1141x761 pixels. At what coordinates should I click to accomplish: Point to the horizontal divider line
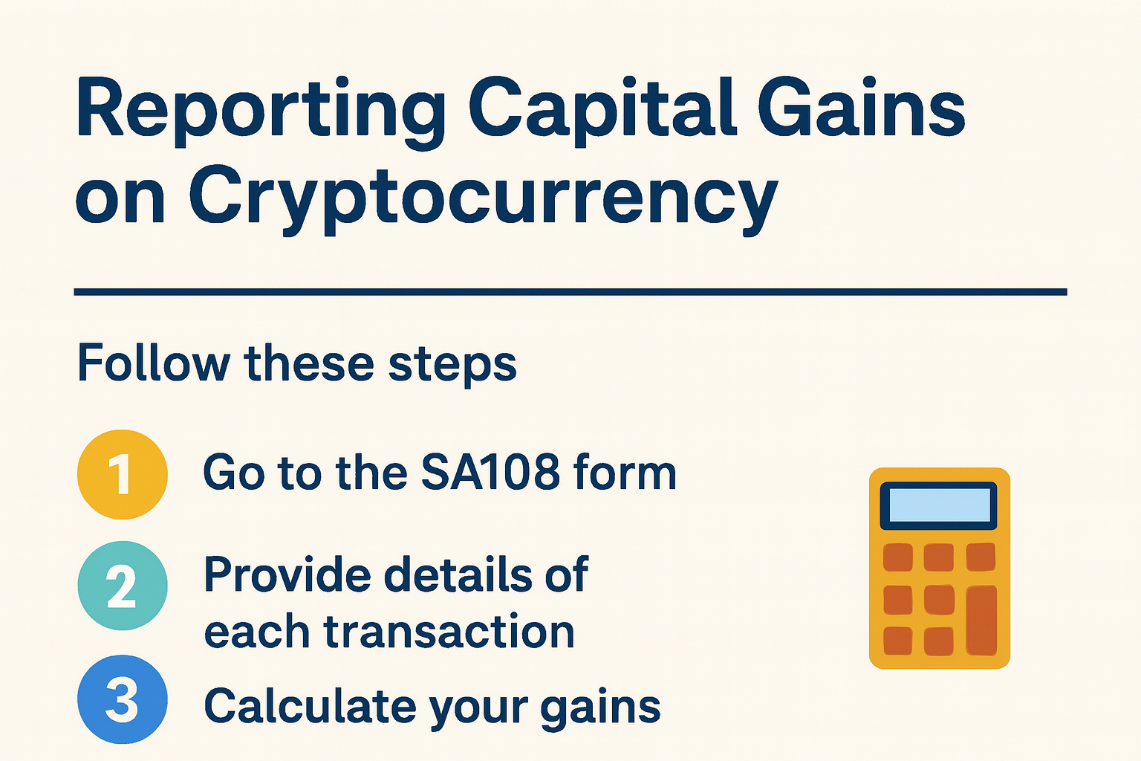[570, 292]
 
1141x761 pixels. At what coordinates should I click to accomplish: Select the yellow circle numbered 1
[123, 474]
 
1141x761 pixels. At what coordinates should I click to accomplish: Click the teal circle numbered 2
[123, 586]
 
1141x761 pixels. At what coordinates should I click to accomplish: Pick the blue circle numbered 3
[123, 699]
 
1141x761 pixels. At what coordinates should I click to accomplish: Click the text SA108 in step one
[490, 473]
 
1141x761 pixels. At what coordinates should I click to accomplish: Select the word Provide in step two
[287, 574]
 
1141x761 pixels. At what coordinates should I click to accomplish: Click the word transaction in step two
[449, 632]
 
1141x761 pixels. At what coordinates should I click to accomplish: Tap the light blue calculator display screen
[938, 505]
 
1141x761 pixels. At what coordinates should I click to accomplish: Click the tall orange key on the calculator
[981, 620]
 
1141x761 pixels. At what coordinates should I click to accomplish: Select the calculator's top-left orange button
[898, 557]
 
